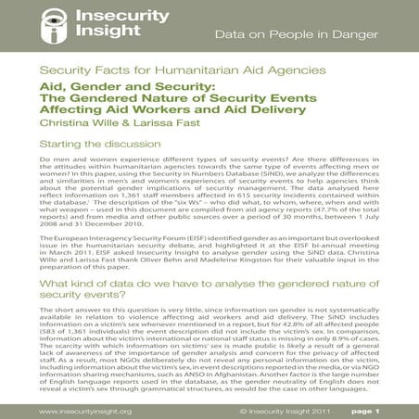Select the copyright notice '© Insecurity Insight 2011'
tap(282, 410)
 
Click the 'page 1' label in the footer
tap(389, 410)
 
